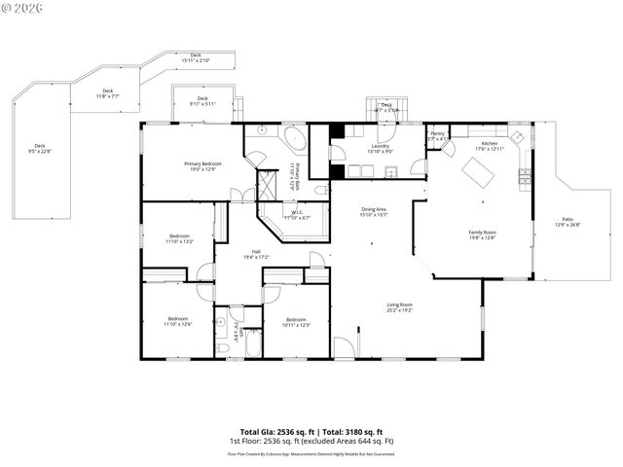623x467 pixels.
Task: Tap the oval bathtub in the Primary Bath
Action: click(x=293, y=135)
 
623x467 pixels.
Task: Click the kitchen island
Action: click(x=479, y=172)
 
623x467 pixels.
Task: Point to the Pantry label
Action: click(x=438, y=136)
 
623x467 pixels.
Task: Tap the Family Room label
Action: click(x=483, y=234)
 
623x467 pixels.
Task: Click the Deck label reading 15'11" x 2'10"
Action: click(x=196, y=57)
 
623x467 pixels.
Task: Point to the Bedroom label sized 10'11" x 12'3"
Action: click(x=296, y=321)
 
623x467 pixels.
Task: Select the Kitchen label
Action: click(x=489, y=146)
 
